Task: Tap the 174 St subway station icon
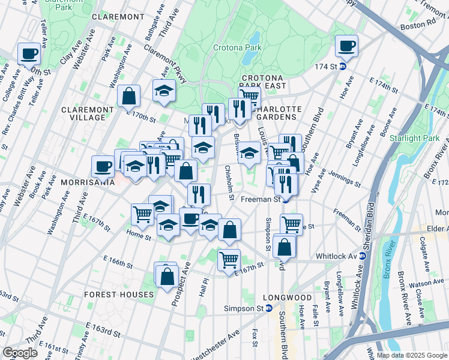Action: [x=342, y=67]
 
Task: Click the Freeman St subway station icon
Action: [x=286, y=199]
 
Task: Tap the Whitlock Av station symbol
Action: [x=362, y=256]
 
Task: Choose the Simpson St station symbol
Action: [x=269, y=308]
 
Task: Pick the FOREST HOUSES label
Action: [x=119, y=295]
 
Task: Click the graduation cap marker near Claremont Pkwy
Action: [x=164, y=90]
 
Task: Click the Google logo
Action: [x=20, y=352]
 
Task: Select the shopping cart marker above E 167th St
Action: [x=229, y=260]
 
